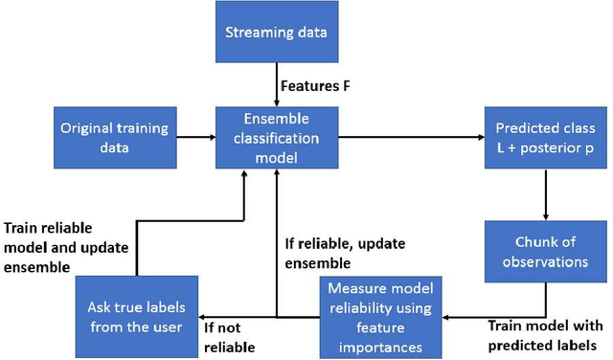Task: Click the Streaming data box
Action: [276, 34]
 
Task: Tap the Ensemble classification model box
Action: [276, 138]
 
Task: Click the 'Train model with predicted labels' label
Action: [543, 335]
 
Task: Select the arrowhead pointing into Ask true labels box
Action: [205, 317]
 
